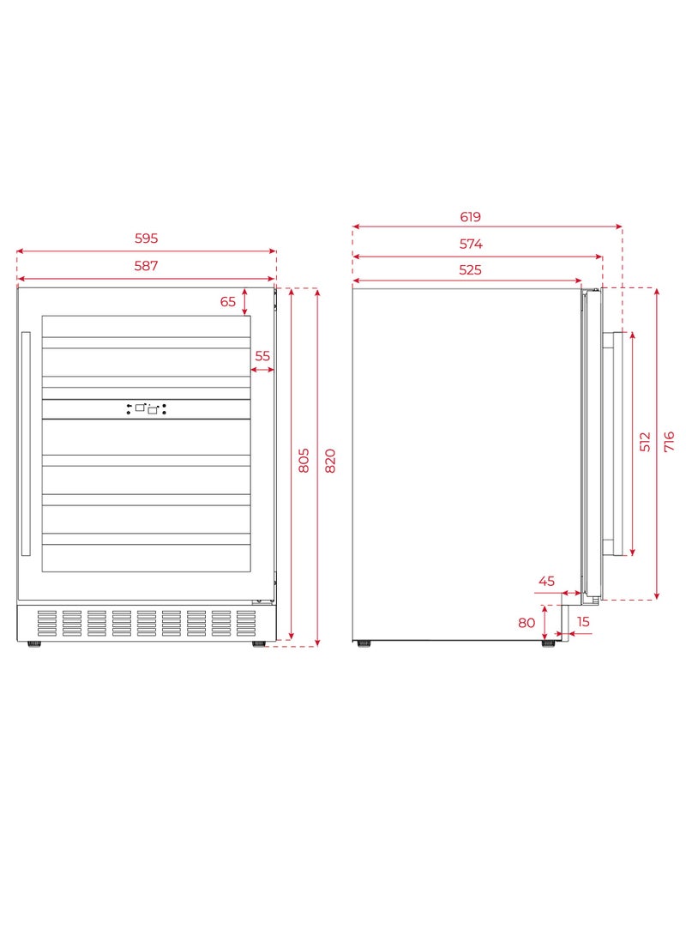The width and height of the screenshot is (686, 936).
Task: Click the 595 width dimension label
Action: click(146, 239)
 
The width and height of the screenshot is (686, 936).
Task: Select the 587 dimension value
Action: click(146, 266)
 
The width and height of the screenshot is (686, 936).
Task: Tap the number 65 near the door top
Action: click(228, 301)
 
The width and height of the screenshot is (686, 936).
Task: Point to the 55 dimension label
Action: click(262, 356)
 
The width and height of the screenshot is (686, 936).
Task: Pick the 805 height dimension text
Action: click(304, 460)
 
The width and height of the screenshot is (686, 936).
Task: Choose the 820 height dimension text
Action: click(330, 460)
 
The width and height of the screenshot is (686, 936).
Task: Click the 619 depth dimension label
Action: click(470, 217)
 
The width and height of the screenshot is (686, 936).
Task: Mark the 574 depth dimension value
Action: click(471, 244)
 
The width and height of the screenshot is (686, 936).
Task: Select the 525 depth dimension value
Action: click(470, 269)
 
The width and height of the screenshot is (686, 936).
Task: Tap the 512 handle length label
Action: click(645, 442)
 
